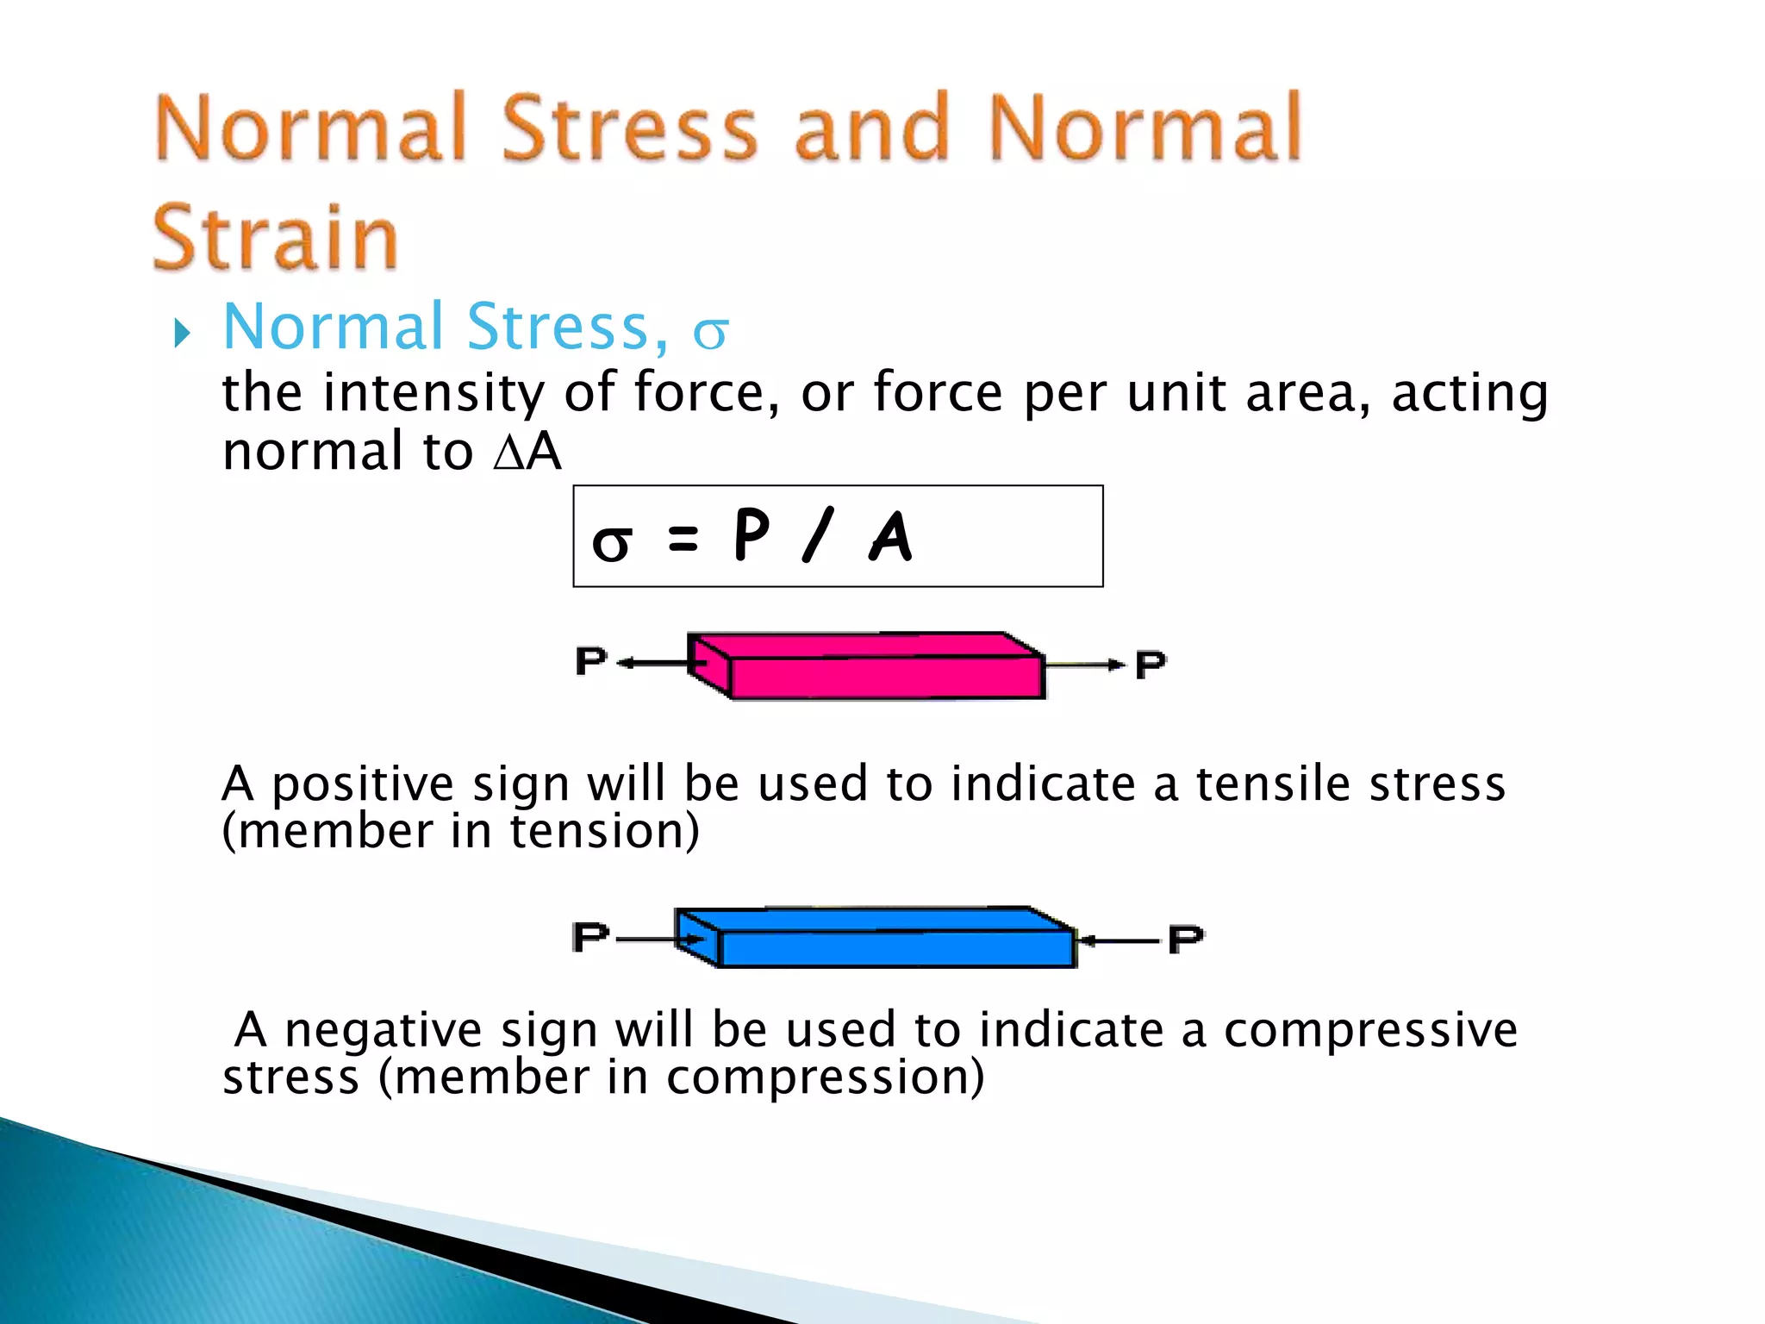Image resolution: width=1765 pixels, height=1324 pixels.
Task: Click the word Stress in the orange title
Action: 628,128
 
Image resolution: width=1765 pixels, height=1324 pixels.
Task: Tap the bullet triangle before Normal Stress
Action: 180,333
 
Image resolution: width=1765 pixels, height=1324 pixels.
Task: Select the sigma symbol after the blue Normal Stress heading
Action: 711,333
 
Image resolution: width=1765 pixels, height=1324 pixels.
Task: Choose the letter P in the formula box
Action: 751,534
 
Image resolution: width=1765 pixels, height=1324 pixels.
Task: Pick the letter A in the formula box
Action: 890,536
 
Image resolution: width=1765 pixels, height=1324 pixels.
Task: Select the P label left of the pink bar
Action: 591,661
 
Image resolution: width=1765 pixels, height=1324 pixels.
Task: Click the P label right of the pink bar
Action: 1151,665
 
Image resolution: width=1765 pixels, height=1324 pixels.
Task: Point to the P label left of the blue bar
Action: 590,936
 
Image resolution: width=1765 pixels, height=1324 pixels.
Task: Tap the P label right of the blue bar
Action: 1186,939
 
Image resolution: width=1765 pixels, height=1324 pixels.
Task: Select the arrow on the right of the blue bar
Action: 1119,940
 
